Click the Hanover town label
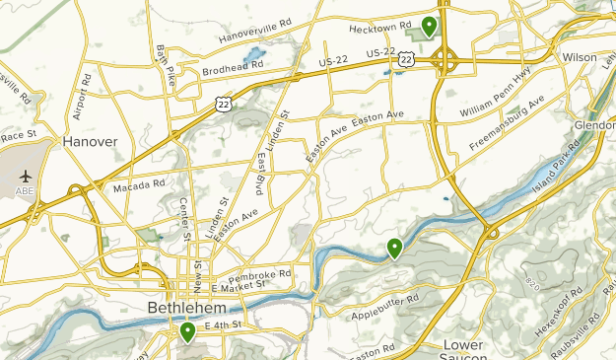[90, 142]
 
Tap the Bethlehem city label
[180, 308]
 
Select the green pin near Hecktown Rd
[429, 26]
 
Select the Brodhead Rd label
[234, 68]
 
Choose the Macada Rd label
[138, 185]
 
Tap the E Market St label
[240, 284]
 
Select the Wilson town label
[580, 58]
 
